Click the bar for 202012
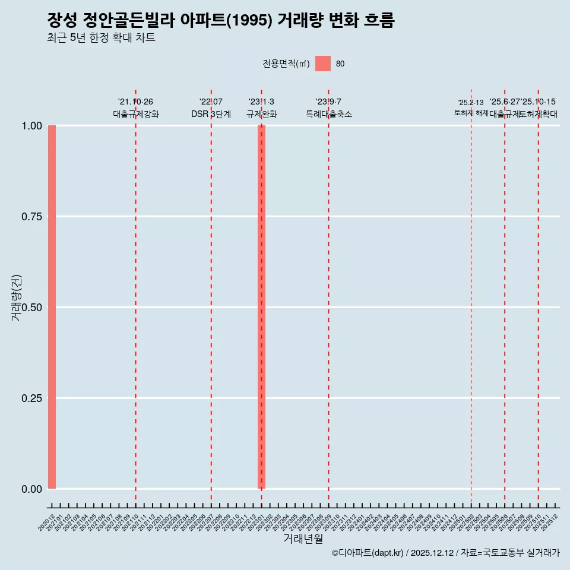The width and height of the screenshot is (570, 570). (x=52, y=307)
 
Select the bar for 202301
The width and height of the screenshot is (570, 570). (x=261, y=307)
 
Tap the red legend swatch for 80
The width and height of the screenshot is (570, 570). (x=323, y=64)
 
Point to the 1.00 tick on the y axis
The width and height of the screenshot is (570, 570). (x=31, y=126)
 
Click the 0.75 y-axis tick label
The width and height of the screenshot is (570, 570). (x=31, y=217)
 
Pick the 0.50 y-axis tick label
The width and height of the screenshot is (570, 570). (x=31, y=308)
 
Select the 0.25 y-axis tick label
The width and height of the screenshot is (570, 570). (x=31, y=398)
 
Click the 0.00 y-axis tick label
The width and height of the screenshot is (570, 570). (x=31, y=489)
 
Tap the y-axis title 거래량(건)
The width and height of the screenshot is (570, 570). (x=17, y=297)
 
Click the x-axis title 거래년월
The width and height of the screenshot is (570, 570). (x=303, y=539)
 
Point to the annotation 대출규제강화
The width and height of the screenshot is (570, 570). (x=136, y=114)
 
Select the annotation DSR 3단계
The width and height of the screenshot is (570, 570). (x=211, y=114)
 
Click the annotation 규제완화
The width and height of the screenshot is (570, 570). (x=262, y=114)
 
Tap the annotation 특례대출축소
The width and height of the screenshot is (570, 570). (x=329, y=114)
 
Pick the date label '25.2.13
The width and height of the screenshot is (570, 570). (x=471, y=103)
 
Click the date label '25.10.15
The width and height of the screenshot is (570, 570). (x=539, y=102)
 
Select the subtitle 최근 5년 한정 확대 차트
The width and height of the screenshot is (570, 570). (x=101, y=38)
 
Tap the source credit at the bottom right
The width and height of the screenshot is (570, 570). (x=445, y=553)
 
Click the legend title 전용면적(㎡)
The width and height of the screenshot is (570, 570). (x=286, y=64)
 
